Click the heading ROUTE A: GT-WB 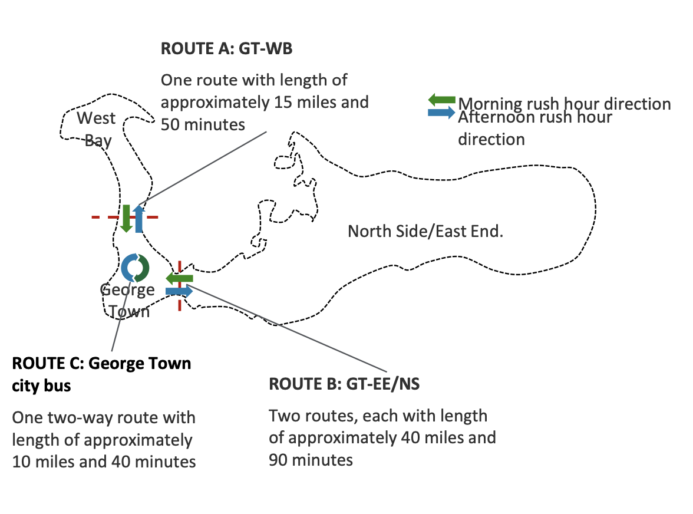click(x=226, y=49)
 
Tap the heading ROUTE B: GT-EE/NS click(x=344, y=384)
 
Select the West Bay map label click(x=97, y=129)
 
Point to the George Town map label click(x=127, y=300)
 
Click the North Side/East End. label click(x=425, y=231)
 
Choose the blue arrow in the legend click(x=441, y=112)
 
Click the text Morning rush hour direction click(x=565, y=104)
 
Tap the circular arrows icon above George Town click(x=136, y=267)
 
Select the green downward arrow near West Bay click(x=126, y=218)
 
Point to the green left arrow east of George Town click(x=179, y=278)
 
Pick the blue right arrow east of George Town click(x=179, y=291)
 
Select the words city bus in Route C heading click(x=41, y=386)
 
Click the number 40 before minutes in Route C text click(x=121, y=462)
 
